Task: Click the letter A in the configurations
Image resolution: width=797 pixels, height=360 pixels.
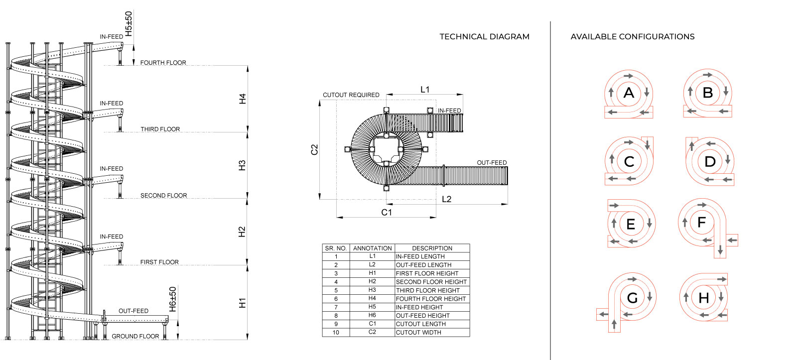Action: pyautogui.click(x=629, y=93)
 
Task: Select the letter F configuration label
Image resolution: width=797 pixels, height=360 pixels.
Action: pyautogui.click(x=701, y=223)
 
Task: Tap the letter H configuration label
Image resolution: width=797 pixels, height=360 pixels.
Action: pyautogui.click(x=703, y=298)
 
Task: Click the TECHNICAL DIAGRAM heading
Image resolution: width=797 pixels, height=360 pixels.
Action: pyautogui.click(x=484, y=37)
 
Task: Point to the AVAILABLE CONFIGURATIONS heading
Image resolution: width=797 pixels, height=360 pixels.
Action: pyautogui.click(x=632, y=37)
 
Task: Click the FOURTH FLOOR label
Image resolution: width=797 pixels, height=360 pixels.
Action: pyautogui.click(x=163, y=63)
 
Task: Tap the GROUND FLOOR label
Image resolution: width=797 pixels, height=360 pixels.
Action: pyautogui.click(x=135, y=336)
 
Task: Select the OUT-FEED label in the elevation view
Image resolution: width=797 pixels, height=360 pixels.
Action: pyautogui.click(x=133, y=311)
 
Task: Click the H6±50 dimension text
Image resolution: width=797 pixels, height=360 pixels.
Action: pyautogui.click(x=172, y=299)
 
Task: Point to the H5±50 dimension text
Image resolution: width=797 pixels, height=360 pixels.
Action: pyautogui.click(x=129, y=23)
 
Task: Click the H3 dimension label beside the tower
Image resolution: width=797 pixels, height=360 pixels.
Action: pyautogui.click(x=242, y=165)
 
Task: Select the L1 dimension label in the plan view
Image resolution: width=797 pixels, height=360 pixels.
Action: pyautogui.click(x=425, y=89)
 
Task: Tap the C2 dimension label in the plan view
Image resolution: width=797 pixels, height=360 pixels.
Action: pyautogui.click(x=314, y=149)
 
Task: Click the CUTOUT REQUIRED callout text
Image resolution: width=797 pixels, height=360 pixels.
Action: pyautogui.click(x=351, y=95)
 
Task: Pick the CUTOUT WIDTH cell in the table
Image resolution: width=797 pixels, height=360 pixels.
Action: pyautogui.click(x=418, y=332)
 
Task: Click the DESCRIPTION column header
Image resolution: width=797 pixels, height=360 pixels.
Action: pyautogui.click(x=432, y=248)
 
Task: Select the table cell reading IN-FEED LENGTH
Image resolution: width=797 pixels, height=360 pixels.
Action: pyautogui.click(x=420, y=256)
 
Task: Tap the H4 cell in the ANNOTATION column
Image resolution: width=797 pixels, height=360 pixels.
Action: pyautogui.click(x=372, y=298)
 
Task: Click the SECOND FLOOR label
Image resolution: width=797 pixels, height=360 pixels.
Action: pyautogui.click(x=164, y=196)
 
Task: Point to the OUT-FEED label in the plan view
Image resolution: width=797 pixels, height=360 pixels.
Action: pyautogui.click(x=492, y=162)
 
